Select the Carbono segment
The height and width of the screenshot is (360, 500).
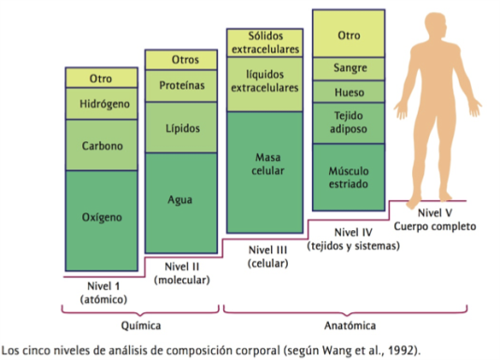[x=102, y=146]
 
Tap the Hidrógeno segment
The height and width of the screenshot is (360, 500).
[x=102, y=102]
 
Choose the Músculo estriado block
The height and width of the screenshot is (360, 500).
[x=348, y=178]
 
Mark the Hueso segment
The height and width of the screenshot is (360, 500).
[x=348, y=92]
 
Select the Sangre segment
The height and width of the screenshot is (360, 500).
[x=348, y=68]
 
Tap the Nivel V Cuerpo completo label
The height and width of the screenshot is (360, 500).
[x=435, y=219]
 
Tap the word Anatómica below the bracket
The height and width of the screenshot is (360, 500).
[x=350, y=325]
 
